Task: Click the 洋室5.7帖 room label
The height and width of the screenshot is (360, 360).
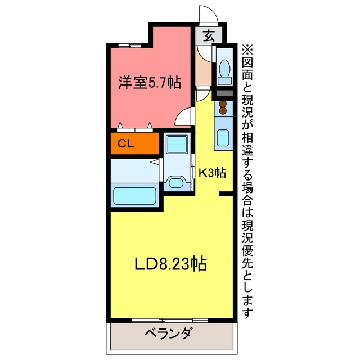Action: coord(150,83)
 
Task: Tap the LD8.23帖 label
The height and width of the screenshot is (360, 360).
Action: coord(170,264)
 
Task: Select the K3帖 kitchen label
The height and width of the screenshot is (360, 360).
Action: coord(212,173)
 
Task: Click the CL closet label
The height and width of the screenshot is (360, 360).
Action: coord(126,144)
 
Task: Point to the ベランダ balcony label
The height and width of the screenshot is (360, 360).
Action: coord(168,334)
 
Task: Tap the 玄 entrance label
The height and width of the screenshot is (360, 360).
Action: coord(209,35)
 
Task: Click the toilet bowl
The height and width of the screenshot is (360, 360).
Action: coord(225,68)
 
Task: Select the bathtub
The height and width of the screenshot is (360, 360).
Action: coord(135,196)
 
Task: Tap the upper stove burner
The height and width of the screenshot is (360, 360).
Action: coord(223,104)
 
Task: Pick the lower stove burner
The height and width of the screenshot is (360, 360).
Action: coord(223,111)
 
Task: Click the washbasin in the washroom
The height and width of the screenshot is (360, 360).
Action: coord(176,182)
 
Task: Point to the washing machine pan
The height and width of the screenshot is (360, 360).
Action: coord(177,144)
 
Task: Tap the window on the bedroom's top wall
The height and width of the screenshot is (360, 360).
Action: coord(130,45)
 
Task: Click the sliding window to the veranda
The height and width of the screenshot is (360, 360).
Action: coord(170,320)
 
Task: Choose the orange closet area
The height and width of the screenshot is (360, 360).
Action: coord(135,143)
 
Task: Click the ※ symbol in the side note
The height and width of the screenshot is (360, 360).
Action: coord(247,50)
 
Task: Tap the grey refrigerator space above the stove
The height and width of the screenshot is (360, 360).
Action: coord(225,93)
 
